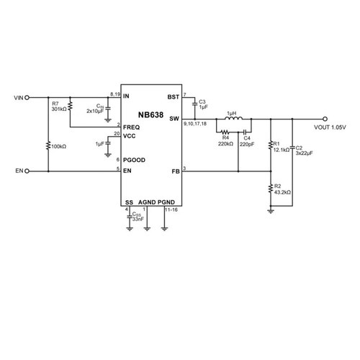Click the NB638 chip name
click(150, 115)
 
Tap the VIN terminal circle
click(27, 98)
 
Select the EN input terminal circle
click(27, 171)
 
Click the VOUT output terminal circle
click(325, 119)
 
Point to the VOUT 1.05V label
click(330, 127)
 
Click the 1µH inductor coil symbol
click(233, 117)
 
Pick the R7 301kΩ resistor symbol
click(70, 106)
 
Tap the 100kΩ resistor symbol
click(48, 145)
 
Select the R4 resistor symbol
click(225, 132)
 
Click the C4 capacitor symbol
click(245, 132)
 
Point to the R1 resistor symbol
click(271, 145)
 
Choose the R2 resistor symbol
click(271, 189)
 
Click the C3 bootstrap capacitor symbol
click(195, 104)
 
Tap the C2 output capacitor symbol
click(292, 148)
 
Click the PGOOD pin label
click(134, 160)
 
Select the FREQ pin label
click(131, 127)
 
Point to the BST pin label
click(174, 97)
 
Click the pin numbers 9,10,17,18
click(195, 124)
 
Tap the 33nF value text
click(138, 220)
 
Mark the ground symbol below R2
click(271, 211)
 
